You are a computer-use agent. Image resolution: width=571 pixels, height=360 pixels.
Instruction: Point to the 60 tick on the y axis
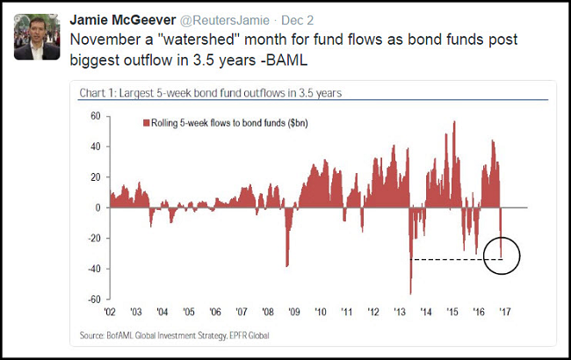pyautogui.click(x=96, y=116)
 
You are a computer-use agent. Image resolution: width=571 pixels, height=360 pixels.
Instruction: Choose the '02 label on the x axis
pyautogui.click(x=110, y=311)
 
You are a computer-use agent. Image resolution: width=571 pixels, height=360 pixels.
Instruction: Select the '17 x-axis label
pyautogui.click(x=505, y=311)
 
